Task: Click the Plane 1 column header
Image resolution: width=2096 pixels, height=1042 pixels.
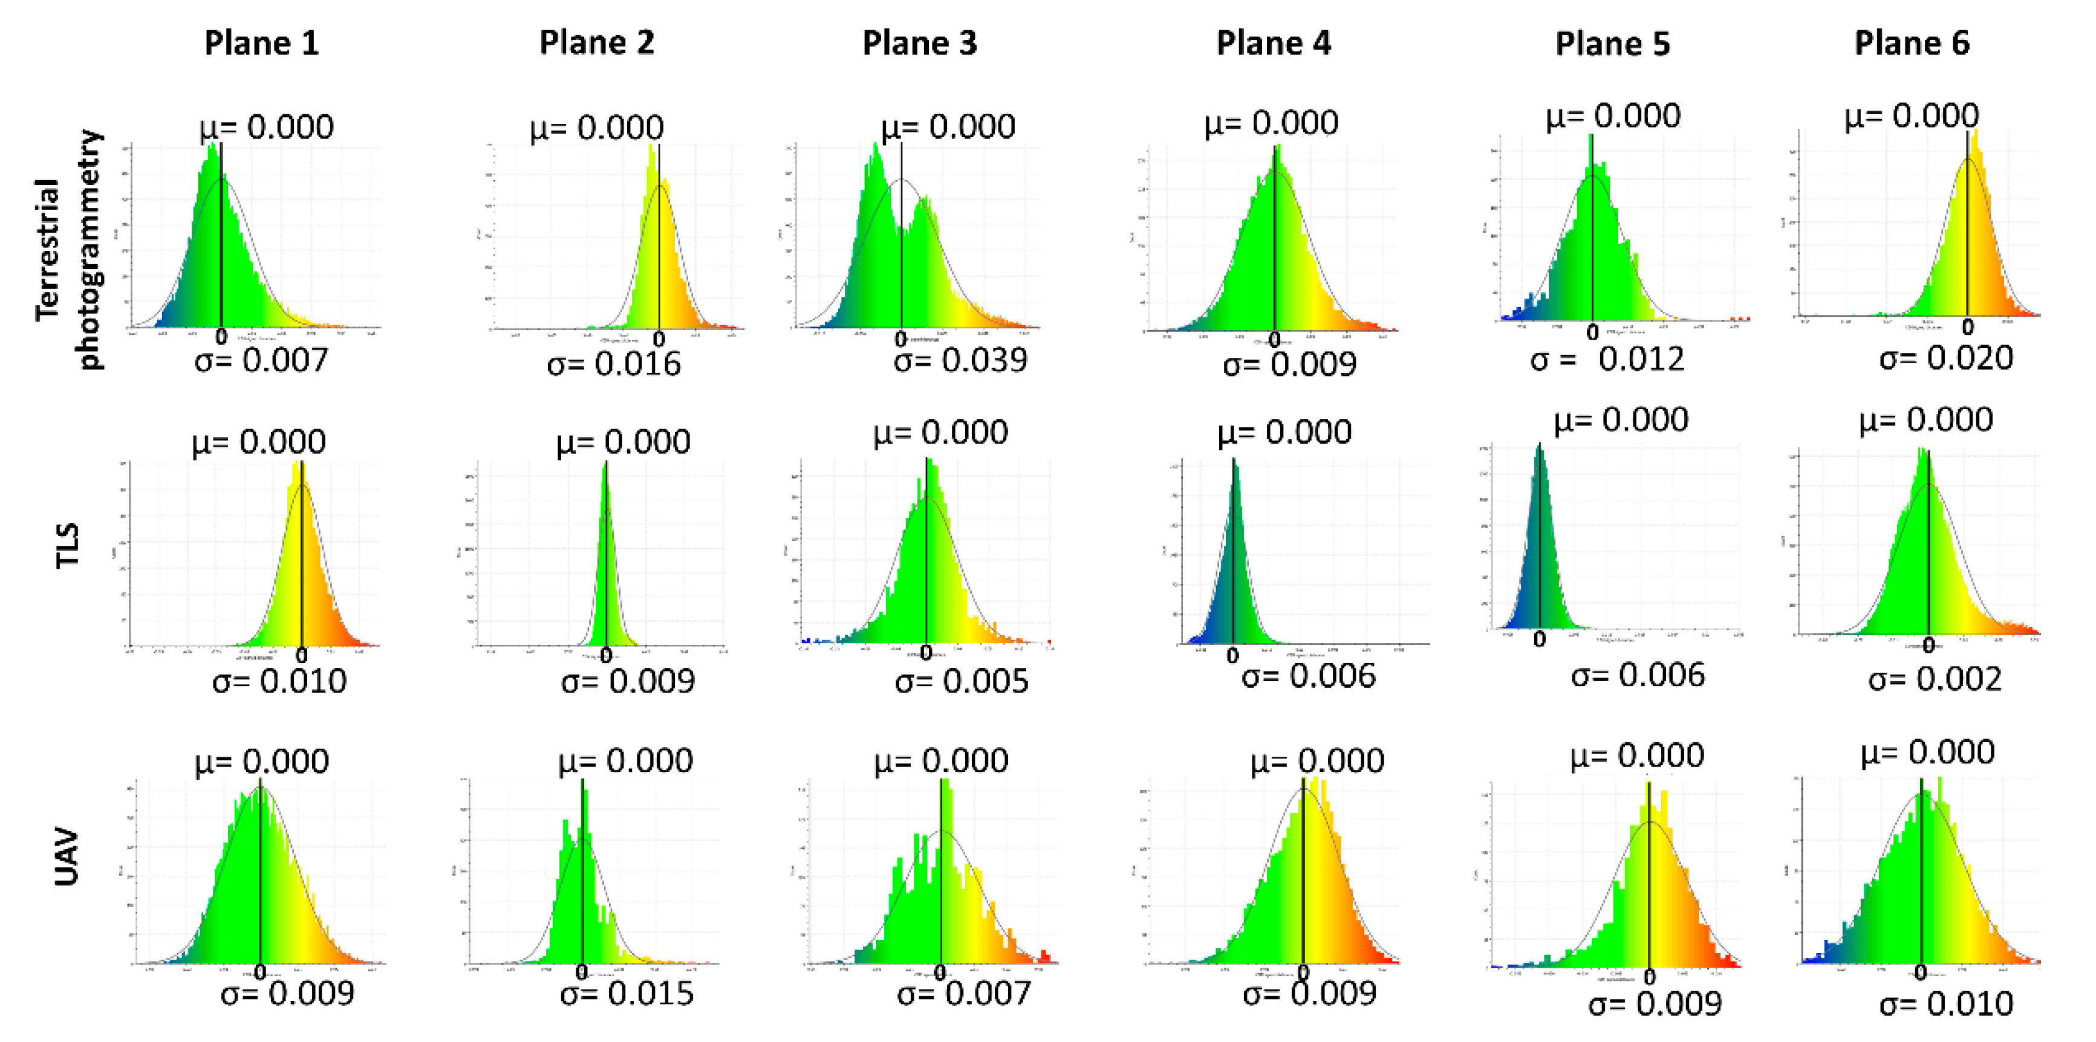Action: coord(261,43)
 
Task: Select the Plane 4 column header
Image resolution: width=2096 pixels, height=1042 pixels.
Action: coord(1274,43)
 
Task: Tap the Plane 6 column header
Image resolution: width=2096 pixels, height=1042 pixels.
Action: coord(1912,43)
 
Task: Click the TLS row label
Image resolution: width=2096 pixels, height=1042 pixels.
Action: coord(68,545)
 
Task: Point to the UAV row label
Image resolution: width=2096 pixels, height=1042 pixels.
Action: coord(68,856)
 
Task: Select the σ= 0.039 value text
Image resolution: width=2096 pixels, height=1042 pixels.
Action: coord(960,360)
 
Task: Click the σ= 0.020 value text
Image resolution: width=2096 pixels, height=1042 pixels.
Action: coord(1945,358)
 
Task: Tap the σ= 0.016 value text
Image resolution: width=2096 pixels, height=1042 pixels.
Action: coord(614,364)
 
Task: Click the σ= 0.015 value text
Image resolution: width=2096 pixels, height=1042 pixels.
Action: coord(627,993)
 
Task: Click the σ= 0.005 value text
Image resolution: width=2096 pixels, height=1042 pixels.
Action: coord(961,681)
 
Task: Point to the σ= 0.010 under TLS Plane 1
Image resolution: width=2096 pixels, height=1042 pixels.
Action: coord(279,681)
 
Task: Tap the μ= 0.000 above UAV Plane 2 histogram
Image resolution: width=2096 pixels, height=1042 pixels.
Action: coord(625,760)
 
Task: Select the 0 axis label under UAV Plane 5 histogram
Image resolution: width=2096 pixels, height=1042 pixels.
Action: coord(1649,977)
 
